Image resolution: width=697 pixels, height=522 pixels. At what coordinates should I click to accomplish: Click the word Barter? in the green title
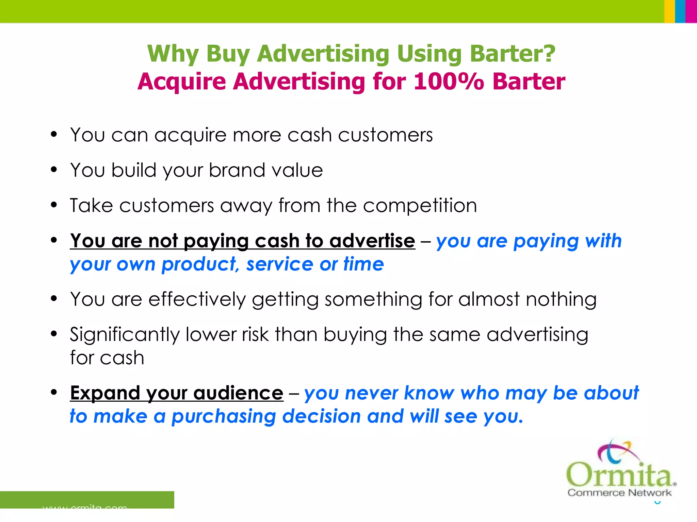click(x=512, y=54)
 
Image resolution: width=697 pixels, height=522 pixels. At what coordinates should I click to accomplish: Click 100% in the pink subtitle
click(x=448, y=82)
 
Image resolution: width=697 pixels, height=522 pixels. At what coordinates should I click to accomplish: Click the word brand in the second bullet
click(x=237, y=170)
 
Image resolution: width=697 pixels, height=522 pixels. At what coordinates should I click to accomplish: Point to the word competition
click(x=420, y=206)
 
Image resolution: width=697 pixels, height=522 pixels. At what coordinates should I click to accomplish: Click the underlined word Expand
click(x=105, y=393)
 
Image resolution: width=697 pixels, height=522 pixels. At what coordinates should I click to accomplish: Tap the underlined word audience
click(x=238, y=393)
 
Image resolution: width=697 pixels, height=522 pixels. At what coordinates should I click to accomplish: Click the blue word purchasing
click(x=224, y=417)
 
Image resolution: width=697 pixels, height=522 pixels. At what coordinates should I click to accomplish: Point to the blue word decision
click(x=321, y=416)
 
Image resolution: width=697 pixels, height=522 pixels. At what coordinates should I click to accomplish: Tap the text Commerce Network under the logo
click(x=619, y=493)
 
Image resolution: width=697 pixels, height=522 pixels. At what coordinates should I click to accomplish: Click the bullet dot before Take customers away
click(x=54, y=205)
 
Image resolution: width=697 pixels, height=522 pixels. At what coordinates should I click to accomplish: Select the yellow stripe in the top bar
click(x=669, y=11)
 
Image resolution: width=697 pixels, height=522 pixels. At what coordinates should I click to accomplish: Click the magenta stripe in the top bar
click(x=691, y=11)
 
